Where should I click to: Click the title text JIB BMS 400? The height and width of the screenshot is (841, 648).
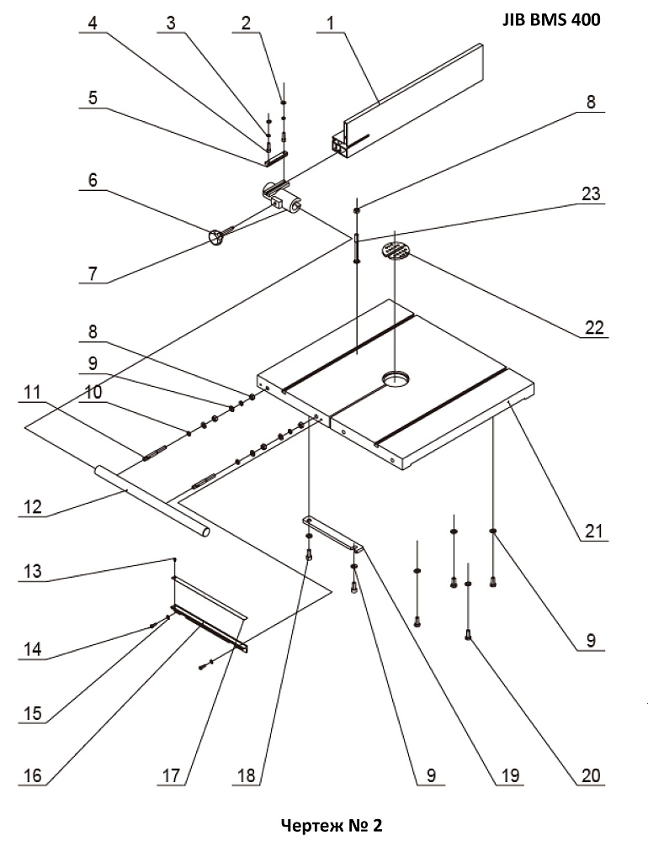tap(551, 20)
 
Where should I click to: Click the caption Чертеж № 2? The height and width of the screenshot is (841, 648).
tap(332, 825)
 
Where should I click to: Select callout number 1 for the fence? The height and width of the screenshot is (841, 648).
tap(330, 23)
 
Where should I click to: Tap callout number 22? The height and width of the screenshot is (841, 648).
tap(594, 327)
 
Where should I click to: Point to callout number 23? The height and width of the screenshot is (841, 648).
tap(591, 193)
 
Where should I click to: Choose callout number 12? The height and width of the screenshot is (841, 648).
tap(32, 507)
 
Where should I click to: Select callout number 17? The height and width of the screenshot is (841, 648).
tap(171, 775)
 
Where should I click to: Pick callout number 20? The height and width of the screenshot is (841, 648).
tap(591, 775)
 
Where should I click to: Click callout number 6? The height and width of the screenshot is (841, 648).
tap(93, 180)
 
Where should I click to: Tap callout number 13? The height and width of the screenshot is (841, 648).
tap(32, 571)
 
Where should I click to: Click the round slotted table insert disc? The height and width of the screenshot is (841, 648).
tap(396, 251)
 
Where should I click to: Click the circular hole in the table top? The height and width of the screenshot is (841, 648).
tap(396, 378)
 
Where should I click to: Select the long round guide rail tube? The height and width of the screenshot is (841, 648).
tap(152, 500)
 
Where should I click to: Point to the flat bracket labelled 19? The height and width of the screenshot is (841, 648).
tap(333, 533)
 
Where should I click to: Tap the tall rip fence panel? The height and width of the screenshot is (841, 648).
tap(413, 99)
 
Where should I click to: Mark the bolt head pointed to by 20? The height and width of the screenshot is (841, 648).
tap(468, 636)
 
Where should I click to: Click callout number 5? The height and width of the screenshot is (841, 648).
tap(93, 98)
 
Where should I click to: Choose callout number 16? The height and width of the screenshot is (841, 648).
tap(32, 775)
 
